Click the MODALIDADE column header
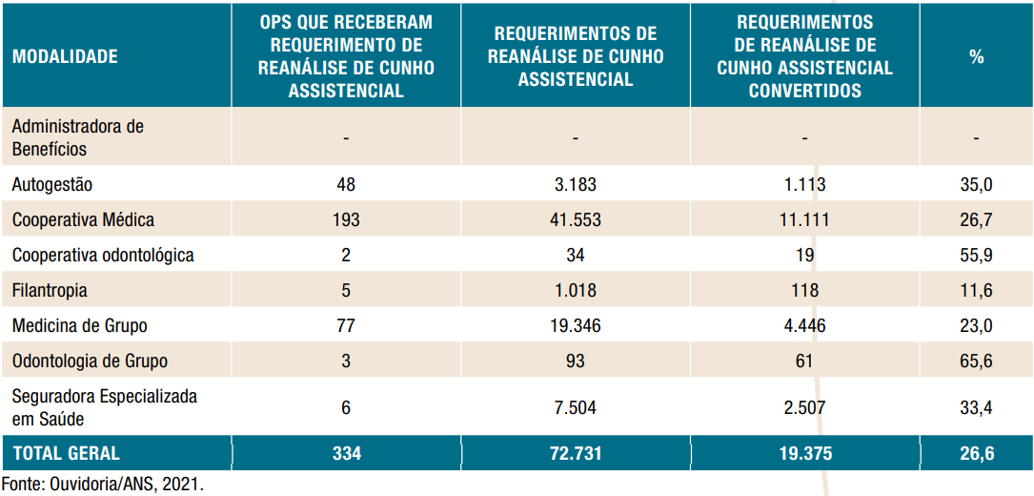(65, 56)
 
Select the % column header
(977, 56)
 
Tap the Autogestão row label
(52, 185)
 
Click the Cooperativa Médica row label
(83, 220)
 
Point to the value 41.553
(576, 220)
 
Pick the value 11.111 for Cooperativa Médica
(804, 220)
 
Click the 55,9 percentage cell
(977, 255)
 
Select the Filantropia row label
(50, 290)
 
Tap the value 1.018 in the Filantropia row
(576, 290)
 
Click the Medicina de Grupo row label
(79, 325)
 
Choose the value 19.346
(576, 325)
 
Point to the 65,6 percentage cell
(977, 361)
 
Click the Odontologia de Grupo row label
(90, 361)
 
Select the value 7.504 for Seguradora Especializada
(576, 407)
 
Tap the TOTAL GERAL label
(67, 453)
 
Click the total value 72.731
(576, 453)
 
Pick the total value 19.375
(804, 453)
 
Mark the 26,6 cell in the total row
(977, 453)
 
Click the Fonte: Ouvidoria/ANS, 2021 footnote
(103, 484)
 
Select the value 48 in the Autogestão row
(346, 185)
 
